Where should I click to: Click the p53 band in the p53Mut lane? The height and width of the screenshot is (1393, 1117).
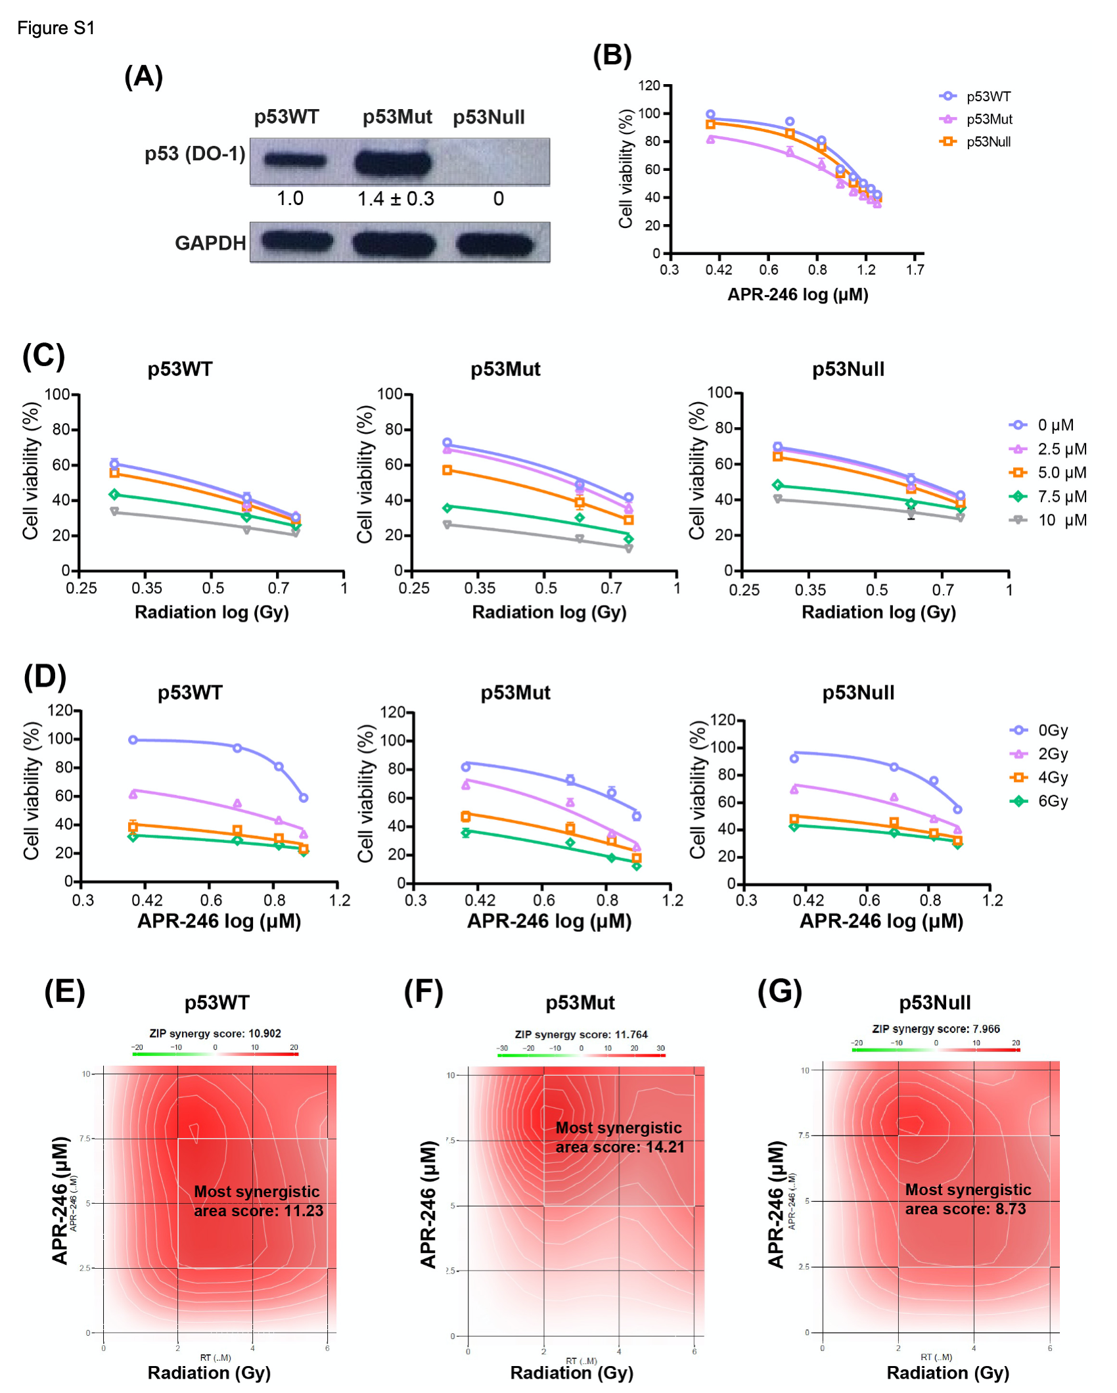(x=393, y=162)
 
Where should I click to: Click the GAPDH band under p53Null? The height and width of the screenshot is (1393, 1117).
(x=494, y=244)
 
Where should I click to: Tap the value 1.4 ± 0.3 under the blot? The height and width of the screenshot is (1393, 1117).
(x=396, y=198)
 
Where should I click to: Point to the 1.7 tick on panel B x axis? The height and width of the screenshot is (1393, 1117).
(x=915, y=269)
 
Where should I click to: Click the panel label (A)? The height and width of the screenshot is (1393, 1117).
(x=143, y=77)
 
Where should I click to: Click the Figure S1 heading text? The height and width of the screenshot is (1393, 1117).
(x=56, y=28)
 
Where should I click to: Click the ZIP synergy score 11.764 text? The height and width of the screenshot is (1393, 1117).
(x=581, y=1034)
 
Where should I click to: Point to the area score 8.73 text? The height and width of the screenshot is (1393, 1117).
(x=965, y=1209)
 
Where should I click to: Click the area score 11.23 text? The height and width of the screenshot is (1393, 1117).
(x=258, y=1211)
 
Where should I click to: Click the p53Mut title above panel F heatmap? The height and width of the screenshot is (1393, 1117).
(x=580, y=1003)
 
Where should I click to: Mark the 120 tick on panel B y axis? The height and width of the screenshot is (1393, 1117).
(x=649, y=85)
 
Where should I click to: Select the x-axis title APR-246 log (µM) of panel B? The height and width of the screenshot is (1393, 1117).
(x=798, y=294)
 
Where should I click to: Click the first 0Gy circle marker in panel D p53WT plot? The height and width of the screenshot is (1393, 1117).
(x=133, y=740)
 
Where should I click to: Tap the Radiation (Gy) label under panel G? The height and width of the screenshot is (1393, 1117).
(x=947, y=1373)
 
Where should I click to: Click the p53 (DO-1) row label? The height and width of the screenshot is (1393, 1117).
(x=194, y=154)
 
